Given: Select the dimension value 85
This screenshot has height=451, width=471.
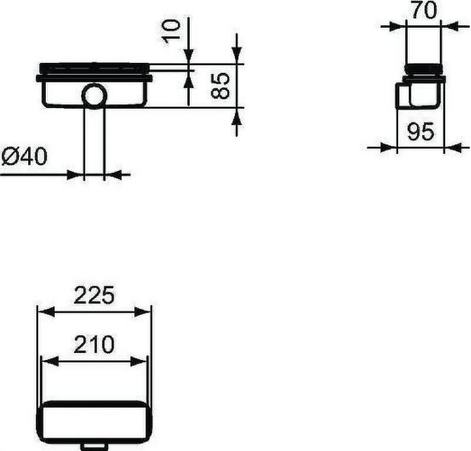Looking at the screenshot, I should coord(219,85).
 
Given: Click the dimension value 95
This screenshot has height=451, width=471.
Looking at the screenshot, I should coord(421,132).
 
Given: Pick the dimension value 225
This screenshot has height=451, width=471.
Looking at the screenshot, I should coord(95,295).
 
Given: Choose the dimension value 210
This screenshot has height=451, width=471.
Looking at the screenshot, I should coord(95,344).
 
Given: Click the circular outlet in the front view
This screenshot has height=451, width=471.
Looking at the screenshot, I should coord(95,95).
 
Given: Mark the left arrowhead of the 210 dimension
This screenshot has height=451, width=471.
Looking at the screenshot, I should coord(46,361).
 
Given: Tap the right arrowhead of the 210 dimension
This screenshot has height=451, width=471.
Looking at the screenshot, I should coord(143,361).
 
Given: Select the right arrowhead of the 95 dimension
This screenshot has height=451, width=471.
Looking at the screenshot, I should coord(450,148).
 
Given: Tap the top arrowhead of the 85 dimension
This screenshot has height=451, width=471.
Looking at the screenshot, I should coord(236,58).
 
